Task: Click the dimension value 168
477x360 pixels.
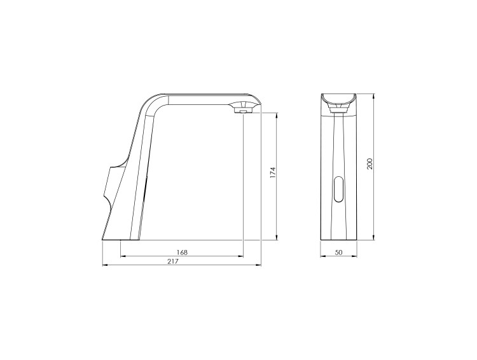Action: tap(182, 253)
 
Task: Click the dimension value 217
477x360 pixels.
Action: tap(173, 261)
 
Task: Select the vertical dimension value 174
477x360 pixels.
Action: tap(273, 172)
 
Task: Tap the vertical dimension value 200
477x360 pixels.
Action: tap(370, 164)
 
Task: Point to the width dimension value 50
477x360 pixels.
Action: tap(338, 253)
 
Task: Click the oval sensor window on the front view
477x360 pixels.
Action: tap(338, 190)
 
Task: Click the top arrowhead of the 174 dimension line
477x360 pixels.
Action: tap(277, 116)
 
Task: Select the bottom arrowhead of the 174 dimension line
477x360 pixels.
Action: tap(277, 237)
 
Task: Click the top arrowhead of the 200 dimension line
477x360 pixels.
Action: tap(374, 96)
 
